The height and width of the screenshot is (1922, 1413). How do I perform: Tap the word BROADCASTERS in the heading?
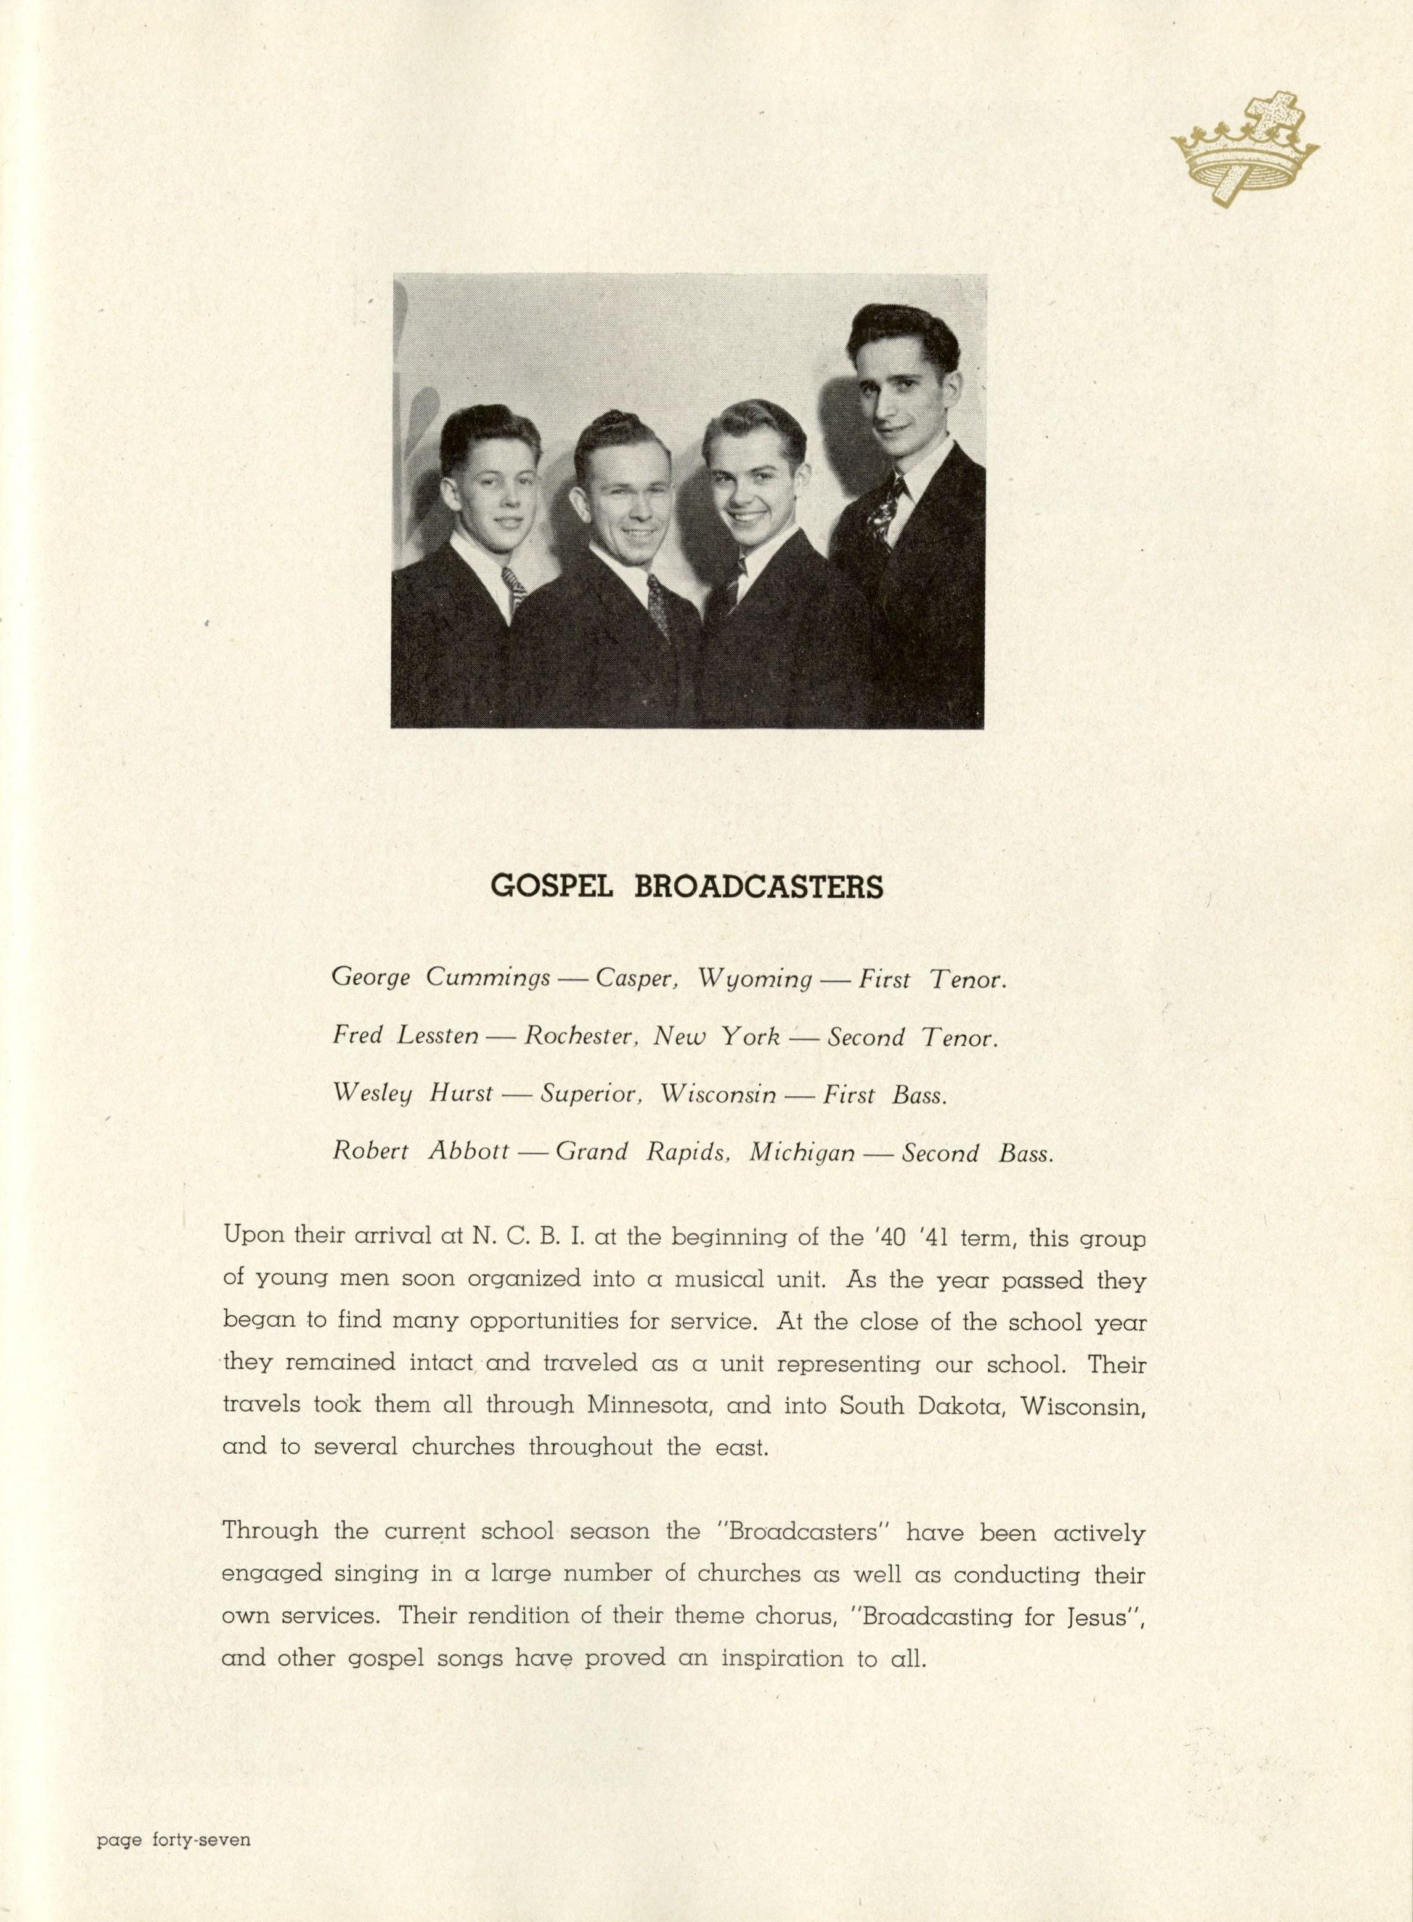tap(759, 887)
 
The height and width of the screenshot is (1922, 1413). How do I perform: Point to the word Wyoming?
tap(754, 979)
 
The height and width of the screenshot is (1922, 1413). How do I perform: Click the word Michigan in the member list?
tap(802, 1153)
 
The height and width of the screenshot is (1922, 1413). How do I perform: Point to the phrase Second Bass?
tap(977, 1153)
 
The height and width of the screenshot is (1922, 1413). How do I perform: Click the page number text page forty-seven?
tap(174, 1834)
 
